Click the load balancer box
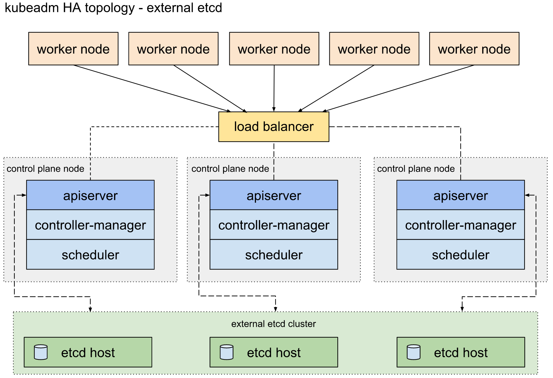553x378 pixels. [274, 127]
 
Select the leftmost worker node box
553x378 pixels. [73, 49]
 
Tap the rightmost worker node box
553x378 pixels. [474, 49]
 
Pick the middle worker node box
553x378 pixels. [274, 49]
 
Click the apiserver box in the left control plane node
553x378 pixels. [90, 195]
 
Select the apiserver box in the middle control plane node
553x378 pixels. [274, 195]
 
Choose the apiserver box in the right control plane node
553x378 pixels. [461, 195]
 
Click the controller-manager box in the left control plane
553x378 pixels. [90, 225]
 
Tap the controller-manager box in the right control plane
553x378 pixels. [461, 225]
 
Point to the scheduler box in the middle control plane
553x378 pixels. [274, 254]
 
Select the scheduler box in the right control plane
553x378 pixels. [461, 254]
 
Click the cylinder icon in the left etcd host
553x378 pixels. [41, 352]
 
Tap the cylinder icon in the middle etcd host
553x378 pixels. [227, 352]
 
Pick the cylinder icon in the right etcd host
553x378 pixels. [414, 352]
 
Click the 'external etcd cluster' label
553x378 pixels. [274, 324]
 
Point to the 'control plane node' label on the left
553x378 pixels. [45, 169]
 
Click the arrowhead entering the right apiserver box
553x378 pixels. [527, 195]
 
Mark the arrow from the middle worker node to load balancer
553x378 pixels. [274, 88]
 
